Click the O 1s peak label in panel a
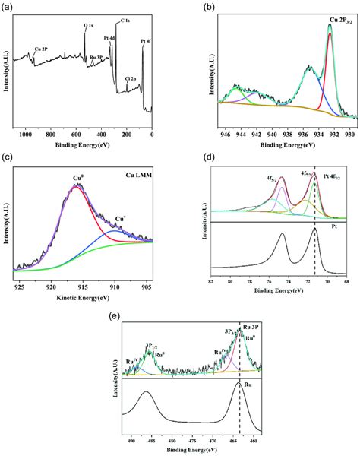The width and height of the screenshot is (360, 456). pos(88,26)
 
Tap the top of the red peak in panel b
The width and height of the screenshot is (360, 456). pos(329,26)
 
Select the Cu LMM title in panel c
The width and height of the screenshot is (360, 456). pos(138,171)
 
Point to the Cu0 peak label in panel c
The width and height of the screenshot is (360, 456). pos(78,179)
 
